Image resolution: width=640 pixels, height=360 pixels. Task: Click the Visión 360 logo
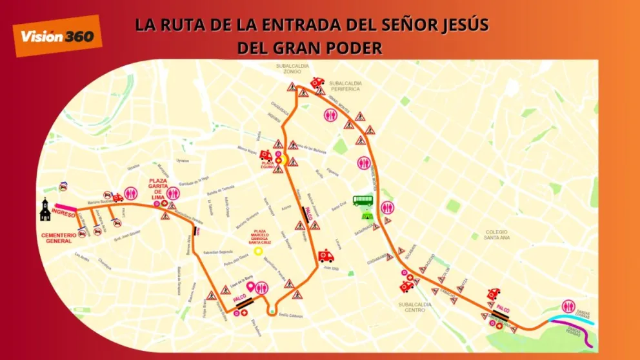pyautogui.click(x=57, y=35)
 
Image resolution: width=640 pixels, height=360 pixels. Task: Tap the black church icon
pyautogui.click(x=45, y=209)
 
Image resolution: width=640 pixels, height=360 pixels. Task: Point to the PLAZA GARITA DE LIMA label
pyautogui.click(x=159, y=186)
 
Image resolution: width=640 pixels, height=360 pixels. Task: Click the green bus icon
pyautogui.click(x=363, y=201)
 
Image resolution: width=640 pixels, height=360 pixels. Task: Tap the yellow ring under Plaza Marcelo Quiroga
pyautogui.click(x=258, y=251)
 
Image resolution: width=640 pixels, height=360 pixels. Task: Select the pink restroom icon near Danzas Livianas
pyautogui.click(x=568, y=306)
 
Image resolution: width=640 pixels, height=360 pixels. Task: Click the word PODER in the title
pyautogui.click(x=350, y=48)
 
